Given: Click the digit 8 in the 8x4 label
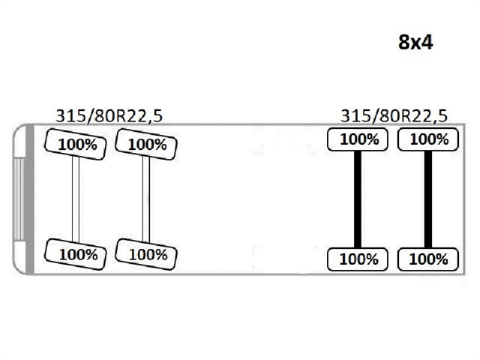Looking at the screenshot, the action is coord(404,42).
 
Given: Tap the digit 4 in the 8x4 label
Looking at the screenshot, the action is coord(427,42).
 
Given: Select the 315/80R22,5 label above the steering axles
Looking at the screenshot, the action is coord(109,116).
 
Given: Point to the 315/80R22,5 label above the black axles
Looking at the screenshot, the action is coord(394,116).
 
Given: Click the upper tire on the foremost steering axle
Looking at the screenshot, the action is coord(76,144).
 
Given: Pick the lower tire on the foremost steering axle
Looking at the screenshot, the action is coord(76,254).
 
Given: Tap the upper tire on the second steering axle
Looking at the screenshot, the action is coord(146,144).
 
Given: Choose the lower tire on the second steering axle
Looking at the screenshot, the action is coord(146,254).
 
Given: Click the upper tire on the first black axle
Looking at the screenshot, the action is coord(358,139).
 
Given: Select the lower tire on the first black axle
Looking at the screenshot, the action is coord(358,259).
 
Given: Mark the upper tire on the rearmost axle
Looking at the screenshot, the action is coord(428,139).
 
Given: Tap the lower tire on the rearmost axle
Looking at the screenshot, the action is coord(428,259).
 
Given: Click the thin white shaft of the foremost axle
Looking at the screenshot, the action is coord(76,199).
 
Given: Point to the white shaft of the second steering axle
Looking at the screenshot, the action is coord(146,199).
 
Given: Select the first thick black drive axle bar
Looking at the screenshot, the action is coord(358,199).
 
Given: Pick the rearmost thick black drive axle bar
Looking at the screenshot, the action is coord(428,199).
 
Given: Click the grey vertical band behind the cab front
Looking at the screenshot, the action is coord(30,199).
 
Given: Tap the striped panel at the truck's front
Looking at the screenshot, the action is coord(19,199).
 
